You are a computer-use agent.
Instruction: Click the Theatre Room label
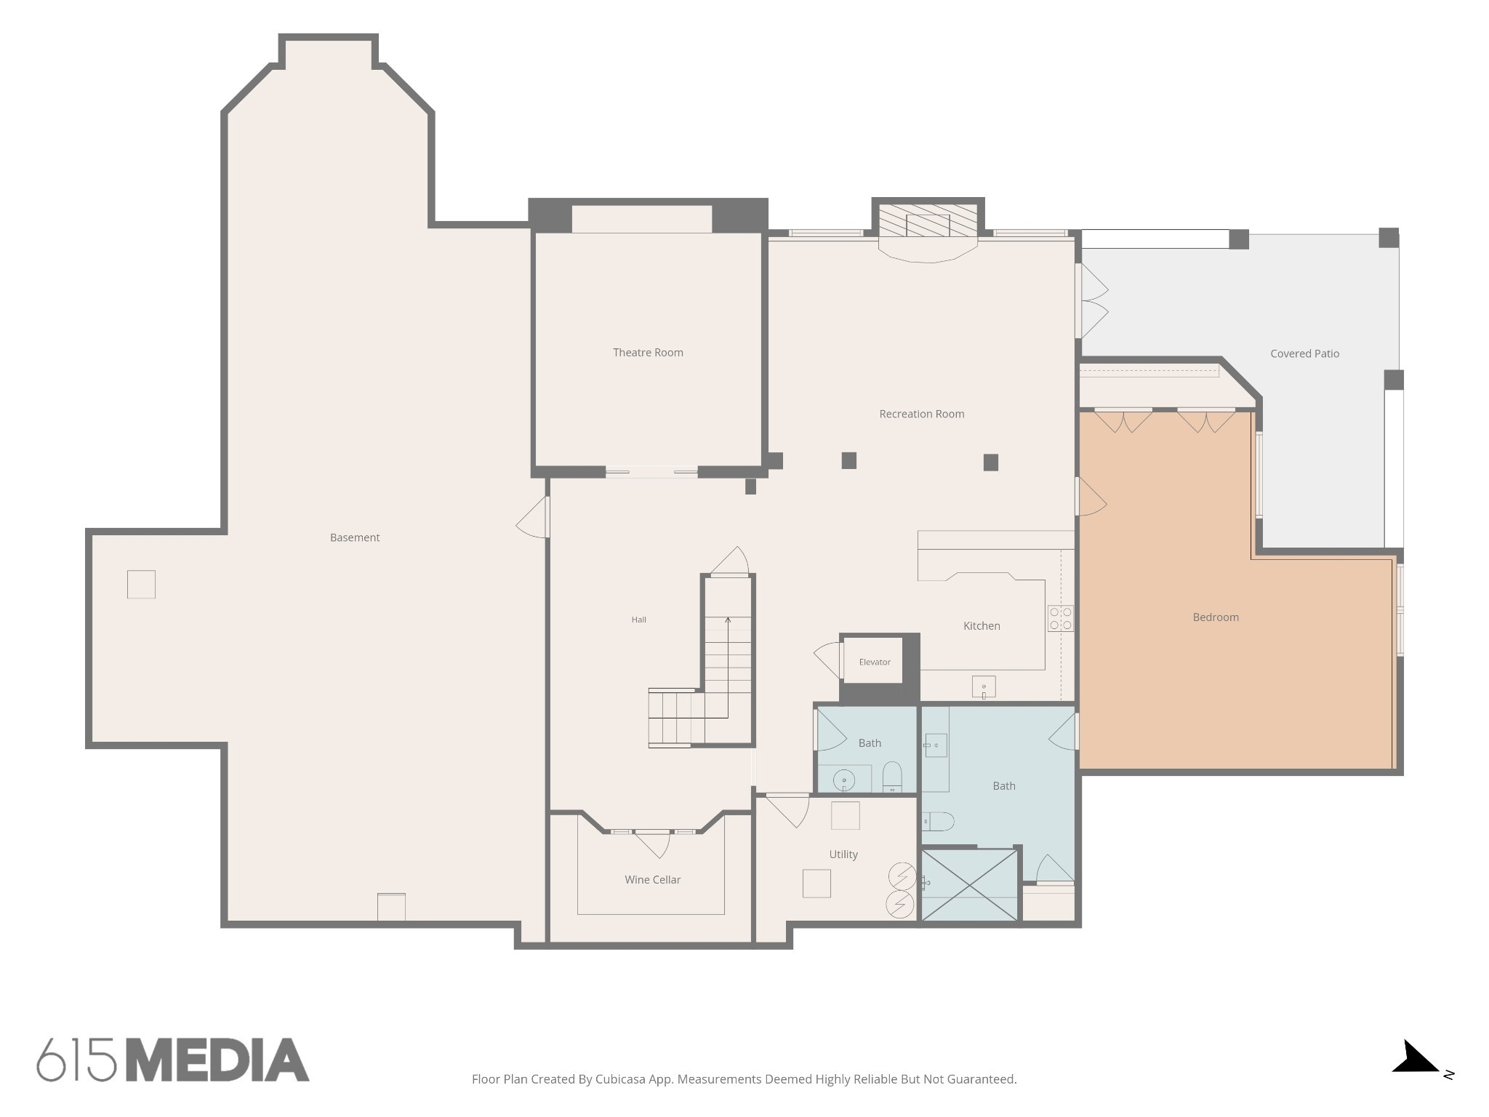pyautogui.click(x=648, y=353)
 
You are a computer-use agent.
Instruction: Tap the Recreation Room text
pyautogui.click(x=922, y=414)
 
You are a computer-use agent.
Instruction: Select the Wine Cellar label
pyautogui.click(x=653, y=880)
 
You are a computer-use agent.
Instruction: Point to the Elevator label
pyautogui.click(x=875, y=662)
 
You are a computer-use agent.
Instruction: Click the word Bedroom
pyautogui.click(x=1216, y=617)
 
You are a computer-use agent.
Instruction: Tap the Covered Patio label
pyautogui.click(x=1305, y=353)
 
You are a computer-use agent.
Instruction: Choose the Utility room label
pyautogui.click(x=843, y=854)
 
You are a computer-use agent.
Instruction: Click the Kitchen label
pyautogui.click(x=982, y=626)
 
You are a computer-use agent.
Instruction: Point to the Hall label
pyautogui.click(x=639, y=620)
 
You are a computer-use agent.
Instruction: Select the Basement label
pyautogui.click(x=355, y=538)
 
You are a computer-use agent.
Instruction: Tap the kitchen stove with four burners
pyautogui.click(x=1061, y=618)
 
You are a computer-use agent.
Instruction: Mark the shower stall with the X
pyautogui.click(x=969, y=885)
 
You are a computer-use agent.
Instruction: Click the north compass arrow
pyautogui.click(x=1415, y=1059)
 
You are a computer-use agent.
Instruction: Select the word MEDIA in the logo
pyautogui.click(x=218, y=1060)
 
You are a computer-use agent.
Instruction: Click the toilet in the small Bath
pyautogui.click(x=892, y=777)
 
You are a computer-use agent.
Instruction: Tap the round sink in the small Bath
pyautogui.click(x=844, y=780)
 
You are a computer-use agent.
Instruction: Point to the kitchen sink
pyautogui.click(x=984, y=686)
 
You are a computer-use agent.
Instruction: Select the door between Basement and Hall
pyautogui.click(x=533, y=517)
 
